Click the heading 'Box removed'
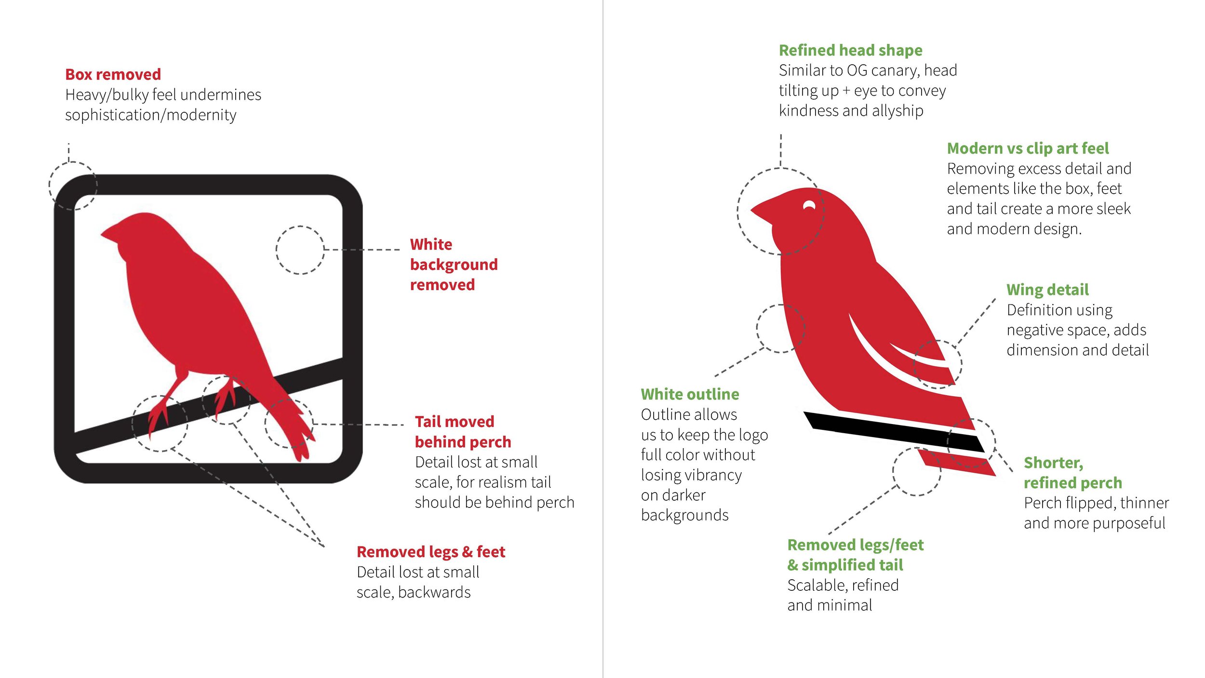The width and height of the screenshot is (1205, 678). pos(113,74)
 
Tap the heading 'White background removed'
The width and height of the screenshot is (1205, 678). pos(454,265)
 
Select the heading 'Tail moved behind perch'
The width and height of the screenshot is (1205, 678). pos(463,432)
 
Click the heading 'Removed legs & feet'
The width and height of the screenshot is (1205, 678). pos(431,552)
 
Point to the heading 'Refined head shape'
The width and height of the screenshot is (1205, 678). pos(851,50)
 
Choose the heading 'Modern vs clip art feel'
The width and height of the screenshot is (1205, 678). pos(1028,148)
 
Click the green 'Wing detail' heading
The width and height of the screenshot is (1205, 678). pos(1047,290)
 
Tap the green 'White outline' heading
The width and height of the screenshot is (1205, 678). pos(690,394)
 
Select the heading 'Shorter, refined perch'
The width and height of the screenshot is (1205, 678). pos(1073,473)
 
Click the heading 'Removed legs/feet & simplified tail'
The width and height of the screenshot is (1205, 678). pos(856,555)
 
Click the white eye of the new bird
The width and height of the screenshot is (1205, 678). pos(809,206)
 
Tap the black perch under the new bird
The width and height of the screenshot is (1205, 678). pos(894,432)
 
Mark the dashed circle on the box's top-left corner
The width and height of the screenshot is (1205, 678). pos(73,186)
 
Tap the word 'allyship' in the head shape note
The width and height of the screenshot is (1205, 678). pos(897,111)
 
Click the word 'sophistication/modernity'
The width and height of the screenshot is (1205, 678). pos(151,115)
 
